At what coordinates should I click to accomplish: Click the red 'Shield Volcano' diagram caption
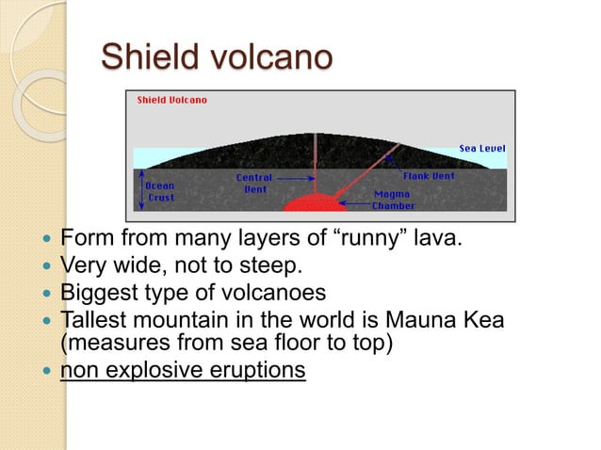172,100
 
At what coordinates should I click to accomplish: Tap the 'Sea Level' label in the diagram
481,148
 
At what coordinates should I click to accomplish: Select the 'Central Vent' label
253,183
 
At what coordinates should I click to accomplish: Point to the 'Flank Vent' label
429,176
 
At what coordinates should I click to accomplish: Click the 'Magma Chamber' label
393,200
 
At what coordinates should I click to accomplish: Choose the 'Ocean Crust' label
161,191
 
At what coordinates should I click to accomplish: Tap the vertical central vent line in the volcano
315,160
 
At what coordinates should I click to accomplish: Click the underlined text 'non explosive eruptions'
183,370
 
